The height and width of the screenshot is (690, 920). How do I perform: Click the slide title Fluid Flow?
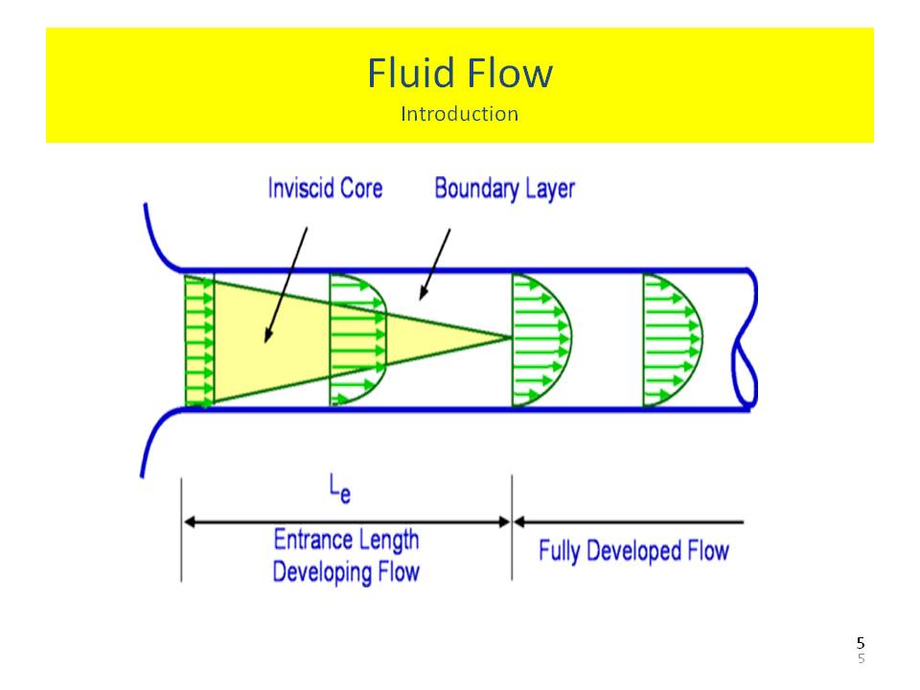pos(460,74)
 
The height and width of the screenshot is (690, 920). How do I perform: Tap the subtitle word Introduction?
pos(460,114)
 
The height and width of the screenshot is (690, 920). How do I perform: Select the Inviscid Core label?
pos(325,188)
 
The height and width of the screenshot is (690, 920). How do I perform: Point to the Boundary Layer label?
pos(504,188)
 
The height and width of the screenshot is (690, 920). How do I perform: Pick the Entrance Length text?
pos(346,540)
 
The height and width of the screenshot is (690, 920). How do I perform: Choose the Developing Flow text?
pos(346,572)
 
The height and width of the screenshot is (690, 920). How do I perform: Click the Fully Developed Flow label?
pos(633,551)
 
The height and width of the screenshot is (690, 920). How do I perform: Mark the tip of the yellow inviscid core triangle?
pos(508,336)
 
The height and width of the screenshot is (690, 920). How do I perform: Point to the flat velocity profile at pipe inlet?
pos(198,339)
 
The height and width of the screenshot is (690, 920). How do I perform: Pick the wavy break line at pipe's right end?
pos(747,340)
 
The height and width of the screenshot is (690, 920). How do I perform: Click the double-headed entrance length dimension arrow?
pos(346,522)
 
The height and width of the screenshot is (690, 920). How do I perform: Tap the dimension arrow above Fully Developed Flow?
pos(629,522)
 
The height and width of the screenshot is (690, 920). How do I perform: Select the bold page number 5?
pos(861,643)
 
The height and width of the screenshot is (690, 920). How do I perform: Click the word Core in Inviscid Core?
pos(361,188)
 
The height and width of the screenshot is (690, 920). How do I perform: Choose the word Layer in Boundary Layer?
pos(550,188)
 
